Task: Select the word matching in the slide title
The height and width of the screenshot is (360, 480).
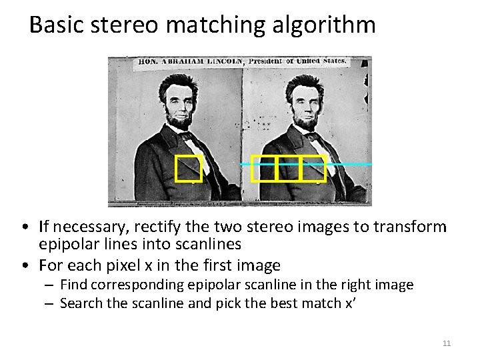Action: [x=215, y=25]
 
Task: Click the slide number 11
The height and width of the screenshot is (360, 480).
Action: [x=447, y=343]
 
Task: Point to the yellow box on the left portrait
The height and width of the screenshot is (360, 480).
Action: [x=188, y=168]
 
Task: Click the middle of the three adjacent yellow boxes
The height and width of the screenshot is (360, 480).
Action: [x=287, y=168]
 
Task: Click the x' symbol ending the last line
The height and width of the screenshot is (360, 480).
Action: [x=346, y=303]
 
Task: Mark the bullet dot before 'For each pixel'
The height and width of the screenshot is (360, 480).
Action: [x=24, y=266]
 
